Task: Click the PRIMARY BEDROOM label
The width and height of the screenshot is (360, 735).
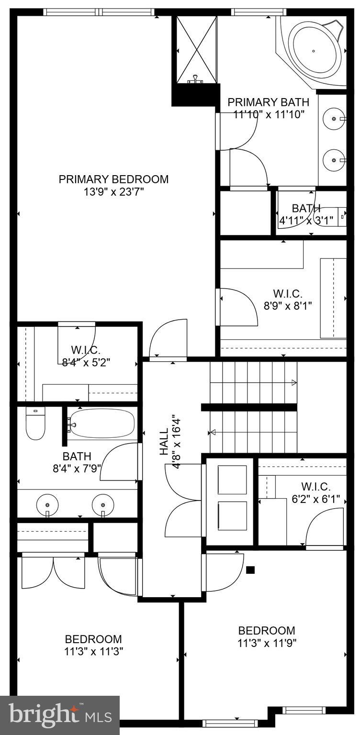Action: (x=113, y=179)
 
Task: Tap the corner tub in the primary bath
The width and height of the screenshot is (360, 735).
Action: (x=314, y=50)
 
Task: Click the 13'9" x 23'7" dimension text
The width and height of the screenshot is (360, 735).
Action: (x=113, y=192)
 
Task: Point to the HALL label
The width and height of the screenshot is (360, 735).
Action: (x=164, y=441)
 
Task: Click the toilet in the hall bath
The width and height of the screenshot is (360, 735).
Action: (x=35, y=423)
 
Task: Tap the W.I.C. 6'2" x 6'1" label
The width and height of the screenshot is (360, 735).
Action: (x=316, y=487)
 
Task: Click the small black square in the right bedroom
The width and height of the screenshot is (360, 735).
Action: (x=250, y=570)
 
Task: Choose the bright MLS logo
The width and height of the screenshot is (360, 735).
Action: (x=60, y=715)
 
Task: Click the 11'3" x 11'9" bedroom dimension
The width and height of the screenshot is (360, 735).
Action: (x=267, y=643)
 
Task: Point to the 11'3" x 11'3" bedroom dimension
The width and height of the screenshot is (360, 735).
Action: (x=93, y=651)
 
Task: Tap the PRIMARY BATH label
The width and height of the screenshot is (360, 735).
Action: (x=268, y=102)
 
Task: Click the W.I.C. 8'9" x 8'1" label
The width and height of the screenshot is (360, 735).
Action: (x=288, y=294)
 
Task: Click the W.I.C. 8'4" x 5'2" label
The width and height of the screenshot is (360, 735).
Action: (x=86, y=350)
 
